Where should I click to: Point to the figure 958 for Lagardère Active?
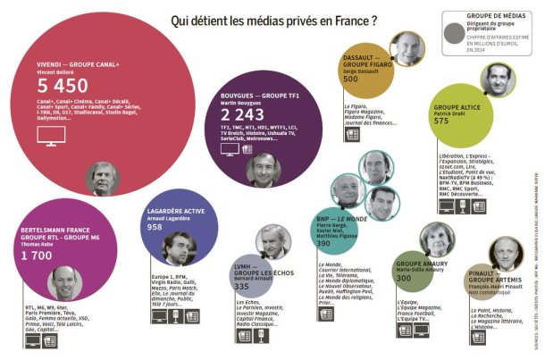point(155,229)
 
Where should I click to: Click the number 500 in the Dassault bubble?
point(350,79)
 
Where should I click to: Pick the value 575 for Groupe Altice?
point(441,121)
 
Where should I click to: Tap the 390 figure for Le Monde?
point(324,243)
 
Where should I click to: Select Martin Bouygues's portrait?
point(264,168)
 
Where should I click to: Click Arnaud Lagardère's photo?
point(179,248)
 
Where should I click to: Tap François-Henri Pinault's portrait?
point(506,254)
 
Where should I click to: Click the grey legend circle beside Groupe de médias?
point(456,32)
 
